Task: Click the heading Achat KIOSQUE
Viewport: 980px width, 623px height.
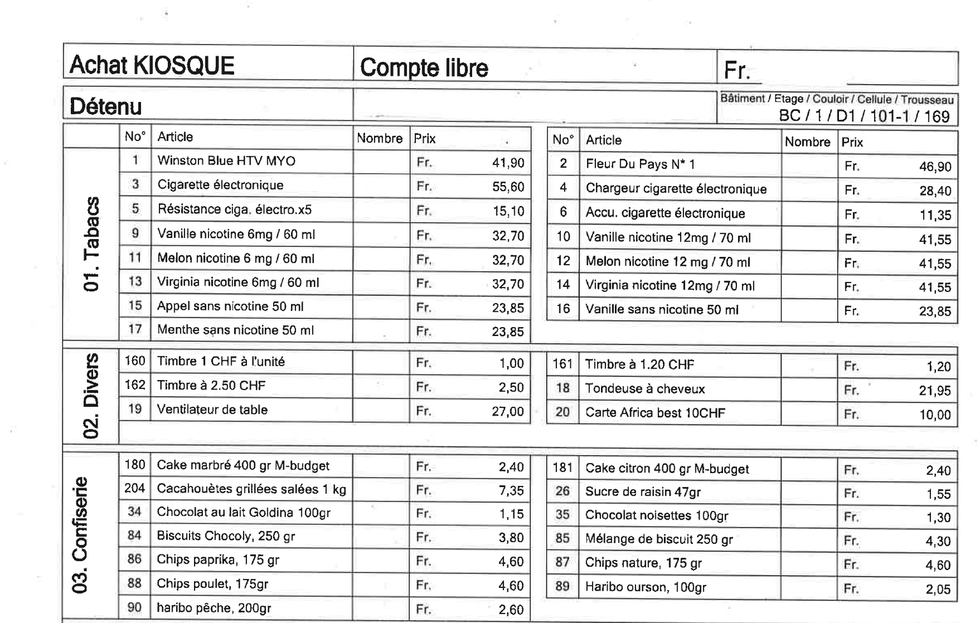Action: coord(152,66)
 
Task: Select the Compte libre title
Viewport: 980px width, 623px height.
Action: coord(424,68)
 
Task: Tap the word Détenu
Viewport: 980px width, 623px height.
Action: coord(105,106)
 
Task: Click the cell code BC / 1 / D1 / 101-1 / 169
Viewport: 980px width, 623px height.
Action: coord(864,116)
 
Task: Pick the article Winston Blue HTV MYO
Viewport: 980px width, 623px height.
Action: coord(226,161)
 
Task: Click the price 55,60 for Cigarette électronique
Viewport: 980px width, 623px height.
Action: coord(508,187)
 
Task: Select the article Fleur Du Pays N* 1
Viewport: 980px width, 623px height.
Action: coord(640,165)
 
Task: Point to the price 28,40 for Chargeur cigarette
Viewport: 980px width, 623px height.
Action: coord(935,191)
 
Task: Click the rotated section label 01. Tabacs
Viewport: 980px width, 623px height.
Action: coord(92,244)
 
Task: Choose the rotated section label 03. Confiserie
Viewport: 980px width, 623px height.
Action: coord(81,534)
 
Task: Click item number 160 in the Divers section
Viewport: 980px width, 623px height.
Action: coord(135,361)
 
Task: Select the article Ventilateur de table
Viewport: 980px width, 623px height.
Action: coord(212,409)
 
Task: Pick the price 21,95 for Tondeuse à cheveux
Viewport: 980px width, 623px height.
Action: coord(935,390)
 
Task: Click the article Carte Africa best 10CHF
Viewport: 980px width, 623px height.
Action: coord(655,413)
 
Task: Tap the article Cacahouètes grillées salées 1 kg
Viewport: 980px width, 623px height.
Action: coord(251,489)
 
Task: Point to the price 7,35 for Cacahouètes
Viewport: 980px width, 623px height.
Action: coord(511,490)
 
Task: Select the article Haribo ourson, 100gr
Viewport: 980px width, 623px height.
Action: coord(645,587)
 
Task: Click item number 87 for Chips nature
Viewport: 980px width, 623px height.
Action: coord(562,562)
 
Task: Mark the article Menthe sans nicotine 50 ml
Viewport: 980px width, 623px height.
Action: coord(235,330)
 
